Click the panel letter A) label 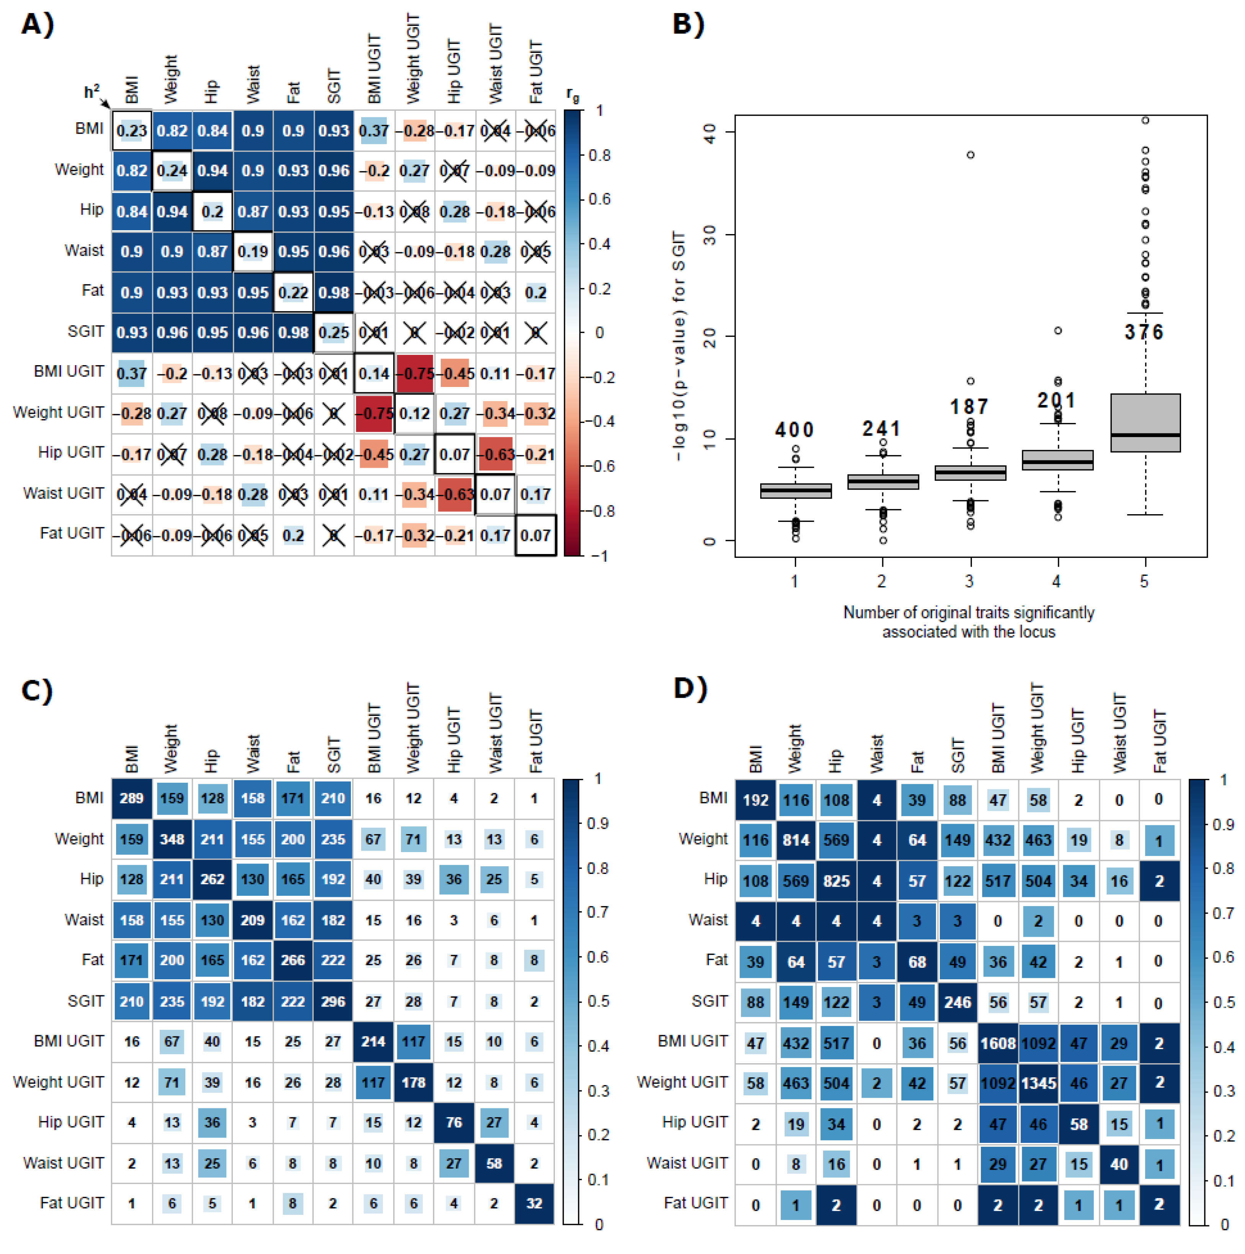38,24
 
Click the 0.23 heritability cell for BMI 132,131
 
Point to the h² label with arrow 92,92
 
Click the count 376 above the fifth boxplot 1144,332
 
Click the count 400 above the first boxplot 795,429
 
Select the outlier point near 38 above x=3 970,154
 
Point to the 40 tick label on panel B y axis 709,132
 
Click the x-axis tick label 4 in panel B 1057,581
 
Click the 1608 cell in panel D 998,1043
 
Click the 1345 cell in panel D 1038,1083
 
